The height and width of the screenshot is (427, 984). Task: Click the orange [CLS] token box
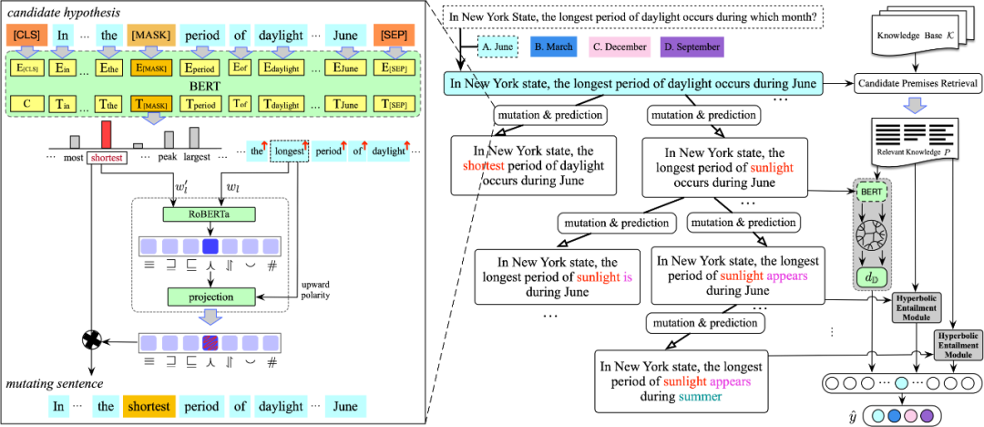(x=26, y=36)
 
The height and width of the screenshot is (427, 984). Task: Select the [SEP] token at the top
(x=394, y=36)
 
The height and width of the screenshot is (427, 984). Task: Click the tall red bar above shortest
(x=107, y=134)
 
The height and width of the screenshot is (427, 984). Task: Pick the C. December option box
(x=620, y=47)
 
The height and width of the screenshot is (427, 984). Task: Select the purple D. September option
(x=692, y=47)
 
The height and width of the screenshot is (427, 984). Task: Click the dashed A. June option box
(x=498, y=47)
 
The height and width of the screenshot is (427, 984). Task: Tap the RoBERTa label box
(x=210, y=214)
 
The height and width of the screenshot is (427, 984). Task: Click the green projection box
(x=210, y=297)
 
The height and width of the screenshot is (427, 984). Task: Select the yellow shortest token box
(x=149, y=406)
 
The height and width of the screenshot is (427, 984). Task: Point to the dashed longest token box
(x=289, y=151)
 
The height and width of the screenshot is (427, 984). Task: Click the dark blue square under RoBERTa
(x=210, y=246)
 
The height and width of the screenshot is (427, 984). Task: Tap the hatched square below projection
(x=210, y=343)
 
